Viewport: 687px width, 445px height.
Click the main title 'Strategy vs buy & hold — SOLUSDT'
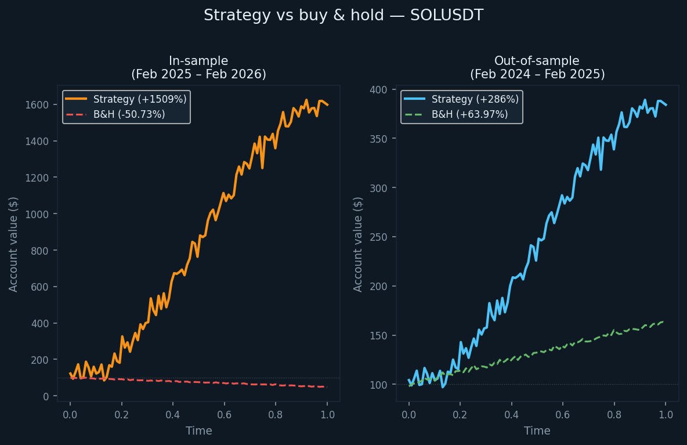[x=343, y=16]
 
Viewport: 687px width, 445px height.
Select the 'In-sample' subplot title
[x=198, y=61]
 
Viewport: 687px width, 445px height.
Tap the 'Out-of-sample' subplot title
[x=537, y=61]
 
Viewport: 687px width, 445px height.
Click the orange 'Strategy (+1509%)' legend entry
[x=140, y=99]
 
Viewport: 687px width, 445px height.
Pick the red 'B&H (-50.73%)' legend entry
[x=129, y=114]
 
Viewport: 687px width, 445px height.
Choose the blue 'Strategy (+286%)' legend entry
[x=475, y=99]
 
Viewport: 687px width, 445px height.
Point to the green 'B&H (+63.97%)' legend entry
[x=469, y=114]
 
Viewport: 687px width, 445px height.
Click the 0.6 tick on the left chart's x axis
[x=224, y=415]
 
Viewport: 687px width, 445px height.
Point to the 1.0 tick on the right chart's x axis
[x=666, y=415]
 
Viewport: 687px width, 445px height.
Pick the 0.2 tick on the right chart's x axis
[x=460, y=415]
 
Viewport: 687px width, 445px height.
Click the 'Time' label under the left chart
[x=198, y=431]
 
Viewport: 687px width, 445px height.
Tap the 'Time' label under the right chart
[x=537, y=431]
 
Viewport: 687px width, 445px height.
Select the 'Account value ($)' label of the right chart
[x=358, y=244]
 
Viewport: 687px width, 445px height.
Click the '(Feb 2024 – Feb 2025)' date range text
[x=537, y=74]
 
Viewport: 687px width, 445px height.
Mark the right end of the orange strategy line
[x=327, y=105]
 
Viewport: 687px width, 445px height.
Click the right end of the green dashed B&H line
[x=662, y=322]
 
